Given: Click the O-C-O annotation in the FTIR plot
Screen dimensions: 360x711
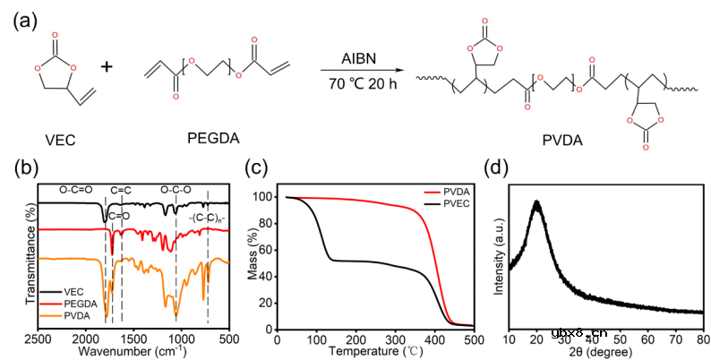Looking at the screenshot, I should (x=176, y=191).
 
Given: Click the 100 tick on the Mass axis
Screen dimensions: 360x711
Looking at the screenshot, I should (x=261, y=197).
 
